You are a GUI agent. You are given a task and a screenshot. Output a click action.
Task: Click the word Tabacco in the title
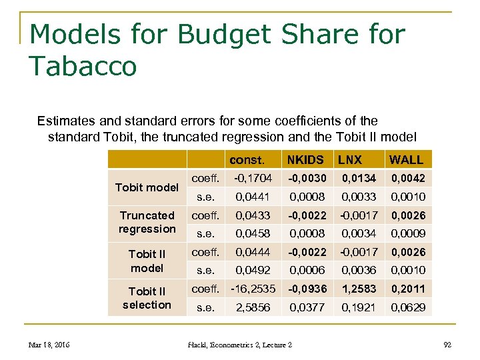pyautogui.click(x=83, y=66)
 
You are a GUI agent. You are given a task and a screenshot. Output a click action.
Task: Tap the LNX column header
pyautogui.click(x=350, y=160)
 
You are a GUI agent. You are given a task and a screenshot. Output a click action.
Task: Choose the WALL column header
pyautogui.click(x=406, y=160)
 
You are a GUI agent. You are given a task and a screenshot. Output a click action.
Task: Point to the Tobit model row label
pyautogui.click(x=147, y=187)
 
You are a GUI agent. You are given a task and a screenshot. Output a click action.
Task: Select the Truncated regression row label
pyautogui.click(x=147, y=222)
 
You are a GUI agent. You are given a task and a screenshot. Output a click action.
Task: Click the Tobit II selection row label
pyautogui.click(x=147, y=298)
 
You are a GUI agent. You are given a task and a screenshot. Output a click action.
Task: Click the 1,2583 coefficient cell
pyautogui.click(x=359, y=289)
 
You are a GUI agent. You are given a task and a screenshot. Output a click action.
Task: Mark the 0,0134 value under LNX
pyautogui.click(x=359, y=178)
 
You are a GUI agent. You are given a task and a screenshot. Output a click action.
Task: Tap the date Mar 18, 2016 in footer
pyautogui.click(x=49, y=345)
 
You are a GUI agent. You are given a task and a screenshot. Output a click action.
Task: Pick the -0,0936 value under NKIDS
pyautogui.click(x=307, y=289)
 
